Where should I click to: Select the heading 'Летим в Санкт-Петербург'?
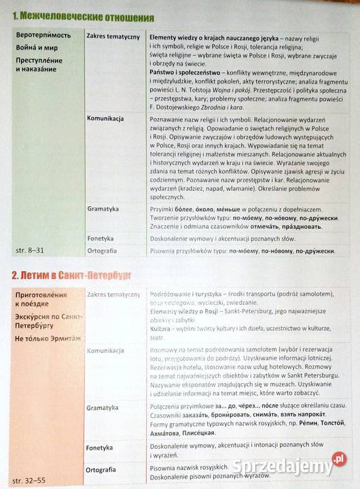72,274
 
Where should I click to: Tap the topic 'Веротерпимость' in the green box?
43,35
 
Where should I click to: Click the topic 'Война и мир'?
37,48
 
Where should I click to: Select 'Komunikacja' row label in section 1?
105,119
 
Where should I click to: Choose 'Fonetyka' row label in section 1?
102,238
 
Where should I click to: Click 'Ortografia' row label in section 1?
104,251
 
